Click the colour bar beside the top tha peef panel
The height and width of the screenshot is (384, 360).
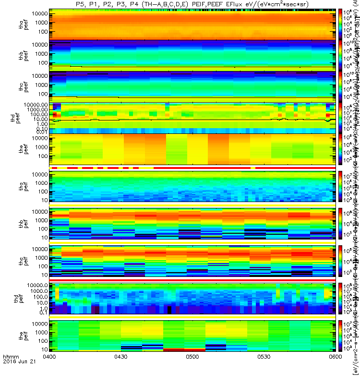point(340,24)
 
